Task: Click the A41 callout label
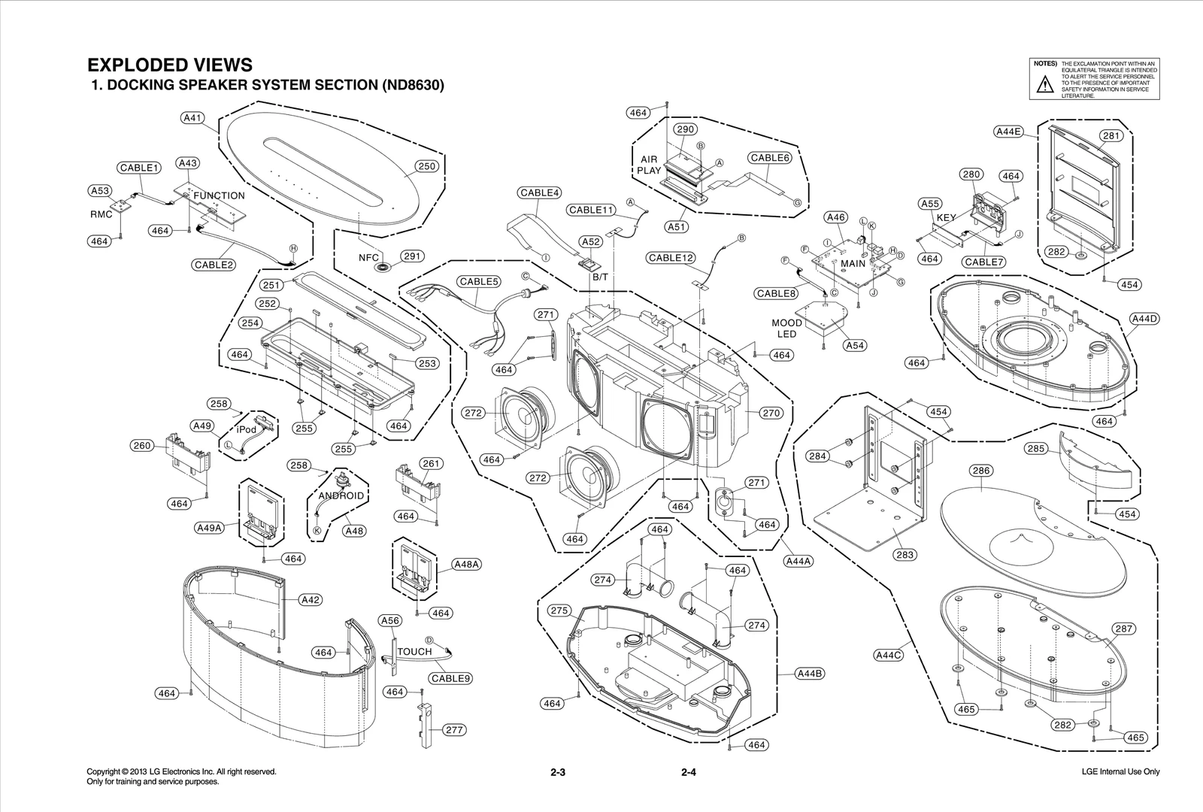coord(193,118)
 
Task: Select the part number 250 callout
coord(426,166)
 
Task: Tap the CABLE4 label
coord(539,192)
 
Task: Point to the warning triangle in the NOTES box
coord(1045,85)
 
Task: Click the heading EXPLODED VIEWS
coord(170,65)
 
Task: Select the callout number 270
coord(771,413)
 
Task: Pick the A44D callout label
coord(1144,319)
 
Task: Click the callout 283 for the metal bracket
coord(905,555)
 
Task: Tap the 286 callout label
coord(980,471)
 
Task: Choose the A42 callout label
coord(311,599)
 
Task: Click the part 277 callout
coord(454,729)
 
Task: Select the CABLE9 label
coord(451,678)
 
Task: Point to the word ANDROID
coord(341,495)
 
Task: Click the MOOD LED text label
coord(786,329)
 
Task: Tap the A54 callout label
coord(855,345)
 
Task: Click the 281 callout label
coord(1111,136)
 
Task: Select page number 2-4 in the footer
coord(689,772)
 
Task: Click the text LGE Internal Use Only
coord(1120,772)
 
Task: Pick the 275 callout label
coord(559,611)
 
